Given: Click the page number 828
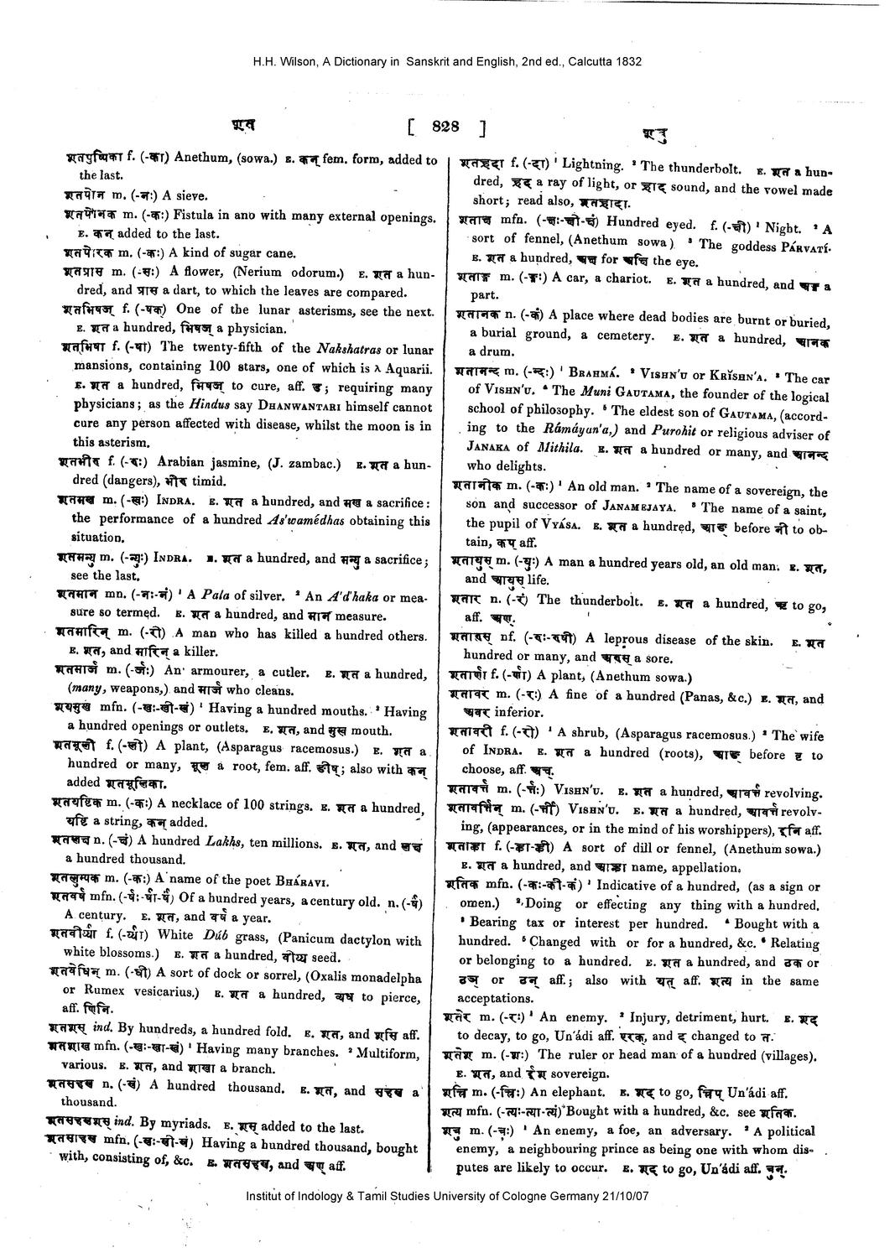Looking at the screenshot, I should tap(445, 127).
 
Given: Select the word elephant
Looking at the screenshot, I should tap(578, 1093).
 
